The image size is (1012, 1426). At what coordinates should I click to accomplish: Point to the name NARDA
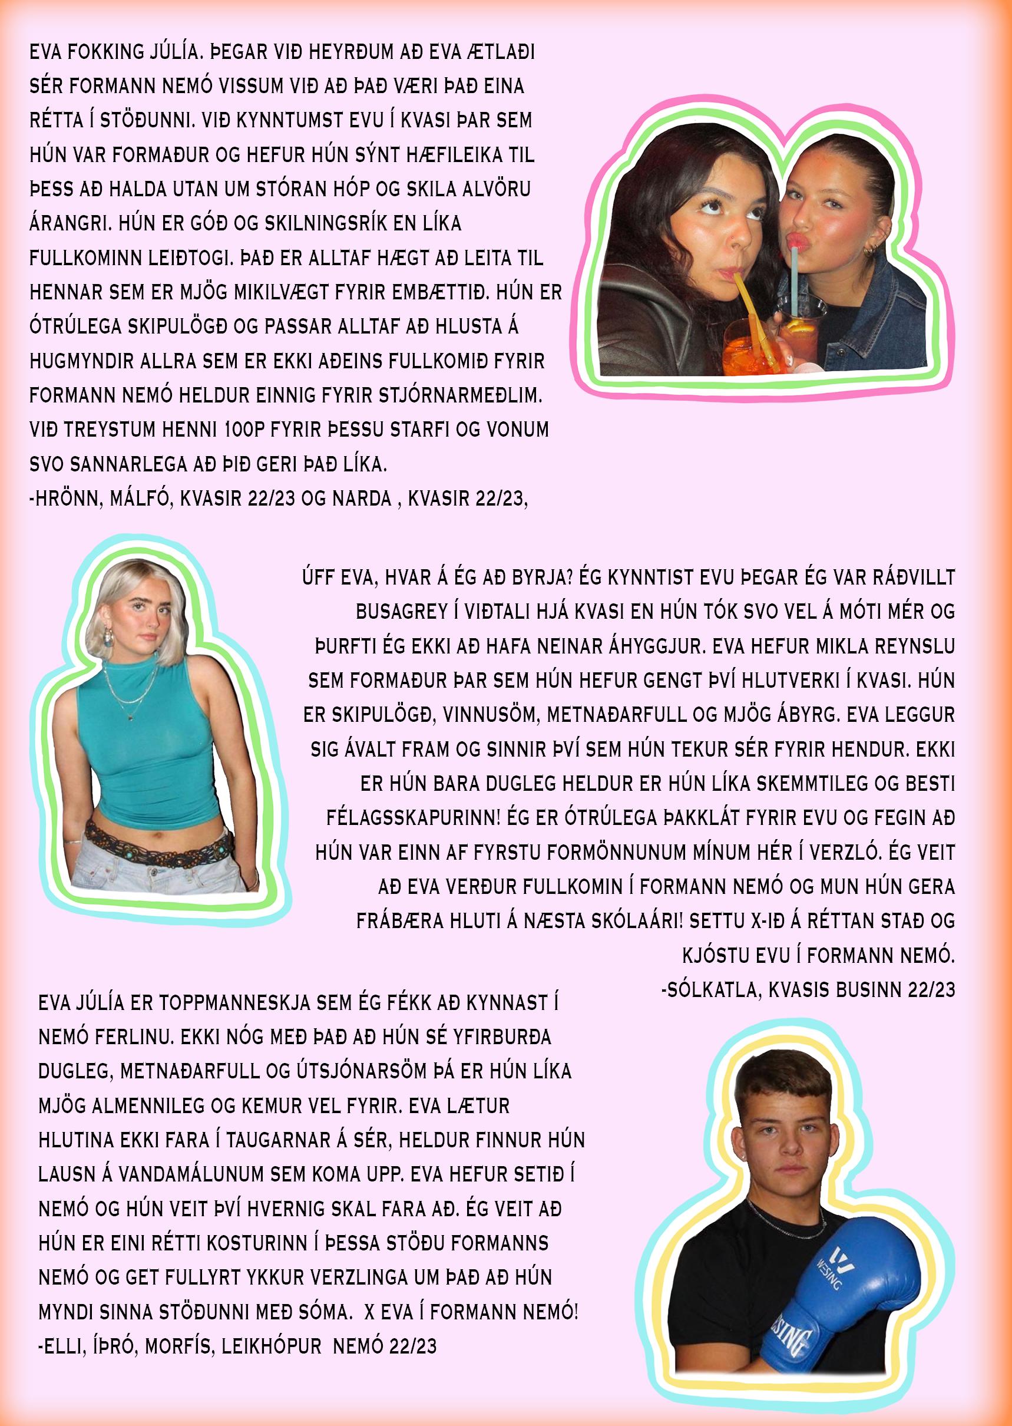pos(365,499)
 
